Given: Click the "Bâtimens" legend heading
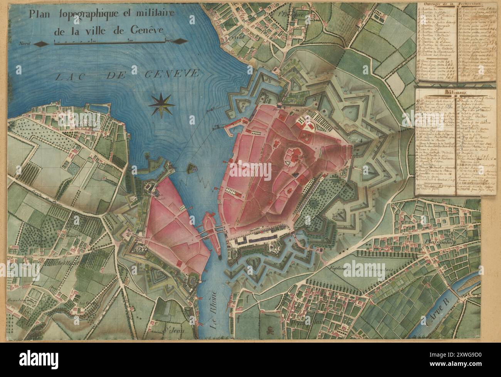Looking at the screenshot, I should tap(449, 93).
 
